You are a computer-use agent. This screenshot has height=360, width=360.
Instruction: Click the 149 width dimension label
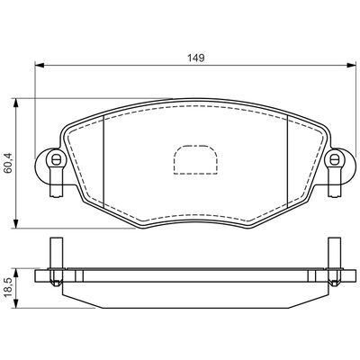196,58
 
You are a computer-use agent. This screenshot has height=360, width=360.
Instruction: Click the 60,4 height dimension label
9,163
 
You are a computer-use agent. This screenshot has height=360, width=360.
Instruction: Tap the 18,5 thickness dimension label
9,287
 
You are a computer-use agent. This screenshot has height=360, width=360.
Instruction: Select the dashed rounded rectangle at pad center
195,159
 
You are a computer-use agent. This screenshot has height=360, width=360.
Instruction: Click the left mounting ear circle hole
55,159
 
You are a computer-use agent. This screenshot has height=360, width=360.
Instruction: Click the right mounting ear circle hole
334,159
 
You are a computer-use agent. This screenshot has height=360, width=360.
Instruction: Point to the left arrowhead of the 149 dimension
40,65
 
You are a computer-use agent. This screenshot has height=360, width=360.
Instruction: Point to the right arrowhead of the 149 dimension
351,65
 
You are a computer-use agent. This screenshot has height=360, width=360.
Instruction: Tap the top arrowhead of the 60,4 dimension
16,103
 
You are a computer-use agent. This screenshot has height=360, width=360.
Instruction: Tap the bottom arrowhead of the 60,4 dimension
16,223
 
